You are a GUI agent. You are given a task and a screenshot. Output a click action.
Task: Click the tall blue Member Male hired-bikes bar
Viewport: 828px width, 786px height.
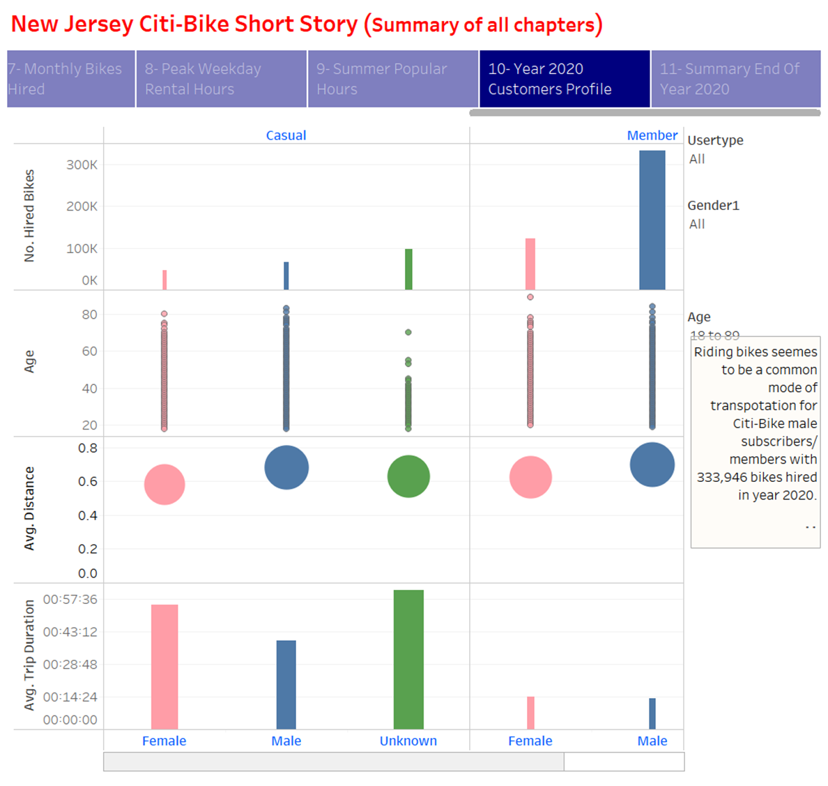coord(652,220)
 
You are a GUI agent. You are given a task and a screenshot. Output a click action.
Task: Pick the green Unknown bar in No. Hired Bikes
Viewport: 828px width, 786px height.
coord(408,269)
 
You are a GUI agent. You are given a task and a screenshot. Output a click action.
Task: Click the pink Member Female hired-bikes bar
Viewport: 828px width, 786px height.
coord(530,264)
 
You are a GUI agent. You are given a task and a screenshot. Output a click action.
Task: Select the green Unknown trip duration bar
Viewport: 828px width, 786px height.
coord(408,660)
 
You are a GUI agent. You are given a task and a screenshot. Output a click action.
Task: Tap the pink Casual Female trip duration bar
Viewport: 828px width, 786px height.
coord(164,667)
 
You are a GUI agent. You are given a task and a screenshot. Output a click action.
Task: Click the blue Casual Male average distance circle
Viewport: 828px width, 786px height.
coord(286,467)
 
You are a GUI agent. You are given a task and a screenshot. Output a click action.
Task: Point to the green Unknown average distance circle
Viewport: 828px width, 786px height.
coord(408,476)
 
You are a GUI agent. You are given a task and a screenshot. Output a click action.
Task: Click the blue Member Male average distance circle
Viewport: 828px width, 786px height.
coord(652,464)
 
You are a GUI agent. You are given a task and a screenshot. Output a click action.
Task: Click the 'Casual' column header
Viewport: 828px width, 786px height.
coord(286,135)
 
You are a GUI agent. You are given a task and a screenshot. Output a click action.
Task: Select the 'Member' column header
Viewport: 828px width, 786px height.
coord(652,135)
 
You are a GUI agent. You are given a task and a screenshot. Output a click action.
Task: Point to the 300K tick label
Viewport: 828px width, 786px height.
coord(82,165)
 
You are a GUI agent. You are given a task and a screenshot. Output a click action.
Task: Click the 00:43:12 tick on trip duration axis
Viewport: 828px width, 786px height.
coord(70,632)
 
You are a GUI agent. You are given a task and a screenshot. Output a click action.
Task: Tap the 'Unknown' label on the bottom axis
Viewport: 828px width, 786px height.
coord(408,741)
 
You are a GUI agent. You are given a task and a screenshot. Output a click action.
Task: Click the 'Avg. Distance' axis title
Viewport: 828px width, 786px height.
coord(29,508)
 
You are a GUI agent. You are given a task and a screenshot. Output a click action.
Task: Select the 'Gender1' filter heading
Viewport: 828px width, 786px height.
coord(713,205)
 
